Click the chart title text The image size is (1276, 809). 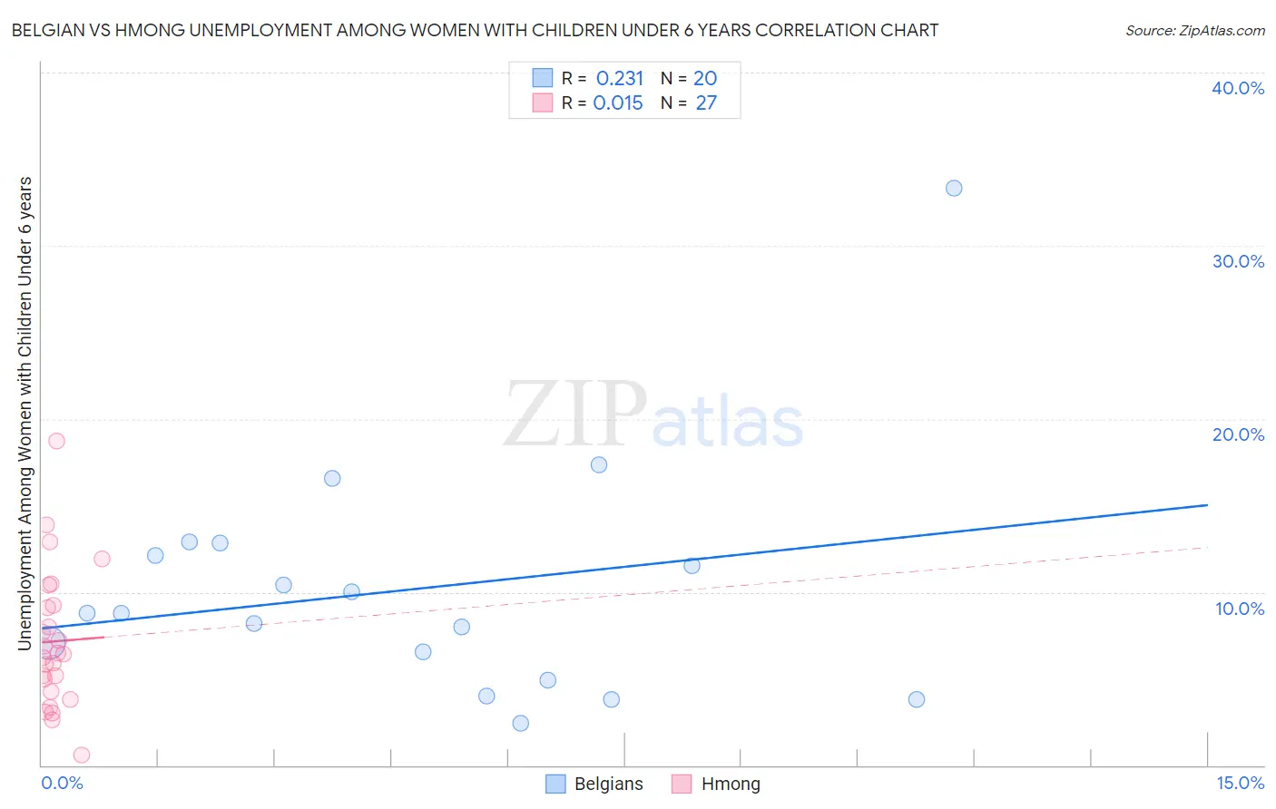point(474,31)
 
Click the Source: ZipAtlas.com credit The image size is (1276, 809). point(1194,31)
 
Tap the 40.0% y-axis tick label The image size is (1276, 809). point(1238,88)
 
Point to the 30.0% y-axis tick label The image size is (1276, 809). point(1238,261)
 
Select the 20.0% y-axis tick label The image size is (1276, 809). point(1238,434)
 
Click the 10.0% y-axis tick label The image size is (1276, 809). point(1240,609)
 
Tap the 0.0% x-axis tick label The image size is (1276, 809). point(62,783)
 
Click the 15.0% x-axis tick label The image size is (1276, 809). point(1240,783)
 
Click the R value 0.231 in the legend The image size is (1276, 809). point(619,79)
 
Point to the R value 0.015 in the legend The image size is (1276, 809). point(617,103)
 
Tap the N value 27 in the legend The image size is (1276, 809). point(706,103)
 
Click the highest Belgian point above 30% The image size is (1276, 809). point(954,189)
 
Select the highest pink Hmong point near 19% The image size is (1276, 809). point(56,441)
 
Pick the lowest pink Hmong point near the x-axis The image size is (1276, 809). point(82,755)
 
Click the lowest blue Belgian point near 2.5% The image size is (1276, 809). point(520,723)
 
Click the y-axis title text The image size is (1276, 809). point(25,414)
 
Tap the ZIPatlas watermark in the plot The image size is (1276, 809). point(653,415)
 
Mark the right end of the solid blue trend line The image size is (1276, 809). point(1207,504)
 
